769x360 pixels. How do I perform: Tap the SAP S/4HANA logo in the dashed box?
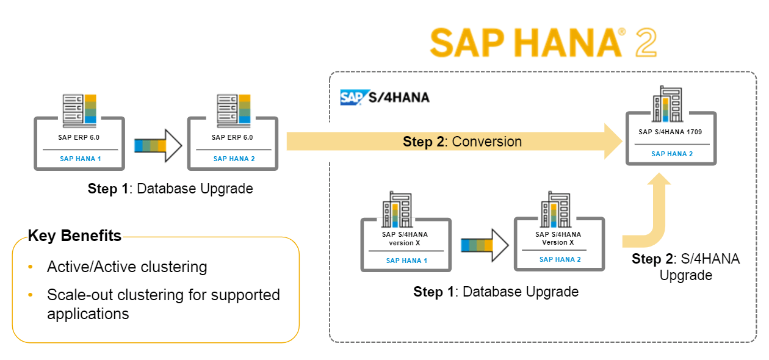click(x=385, y=98)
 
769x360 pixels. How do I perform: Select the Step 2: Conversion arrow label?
click(x=462, y=142)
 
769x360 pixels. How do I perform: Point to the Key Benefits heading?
click(x=74, y=236)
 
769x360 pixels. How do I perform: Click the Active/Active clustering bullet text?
click(x=127, y=267)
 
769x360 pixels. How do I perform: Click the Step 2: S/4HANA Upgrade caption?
click(x=685, y=267)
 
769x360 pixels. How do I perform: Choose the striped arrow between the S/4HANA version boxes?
click(x=484, y=245)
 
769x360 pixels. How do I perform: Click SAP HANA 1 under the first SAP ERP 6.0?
click(x=80, y=159)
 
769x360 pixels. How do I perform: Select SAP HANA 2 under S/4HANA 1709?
click(x=671, y=154)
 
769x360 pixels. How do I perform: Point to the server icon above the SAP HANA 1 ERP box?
click(x=80, y=109)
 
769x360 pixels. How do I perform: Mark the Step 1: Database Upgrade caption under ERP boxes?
click(x=170, y=189)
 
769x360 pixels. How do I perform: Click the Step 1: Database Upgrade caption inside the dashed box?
click(x=496, y=292)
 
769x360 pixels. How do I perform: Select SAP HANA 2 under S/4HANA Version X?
click(x=560, y=259)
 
